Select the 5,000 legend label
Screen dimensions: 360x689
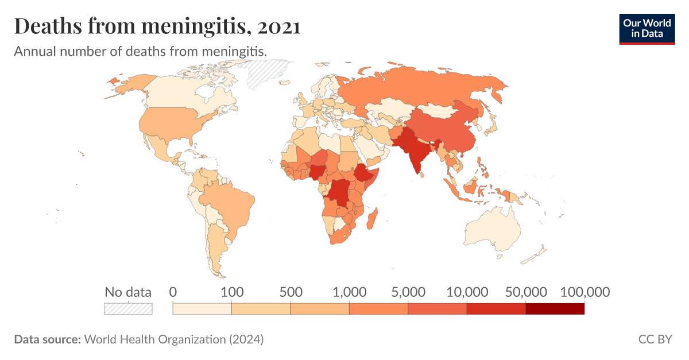point(408,292)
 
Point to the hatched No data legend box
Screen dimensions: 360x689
point(128,309)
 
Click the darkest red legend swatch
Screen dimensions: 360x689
point(555,309)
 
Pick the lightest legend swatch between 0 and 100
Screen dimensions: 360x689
point(202,309)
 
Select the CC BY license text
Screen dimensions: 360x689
point(655,339)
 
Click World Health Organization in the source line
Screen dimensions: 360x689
point(154,339)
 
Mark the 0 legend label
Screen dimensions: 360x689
point(173,292)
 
